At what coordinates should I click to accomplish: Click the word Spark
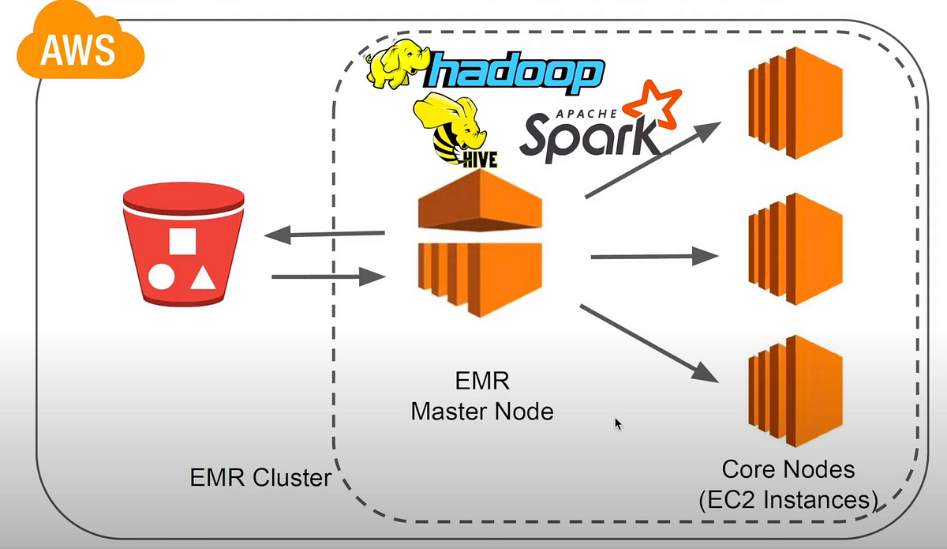(x=588, y=134)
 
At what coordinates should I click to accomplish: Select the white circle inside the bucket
(x=163, y=277)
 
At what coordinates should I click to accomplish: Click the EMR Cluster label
(x=260, y=478)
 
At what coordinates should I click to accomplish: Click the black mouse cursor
(x=619, y=424)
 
